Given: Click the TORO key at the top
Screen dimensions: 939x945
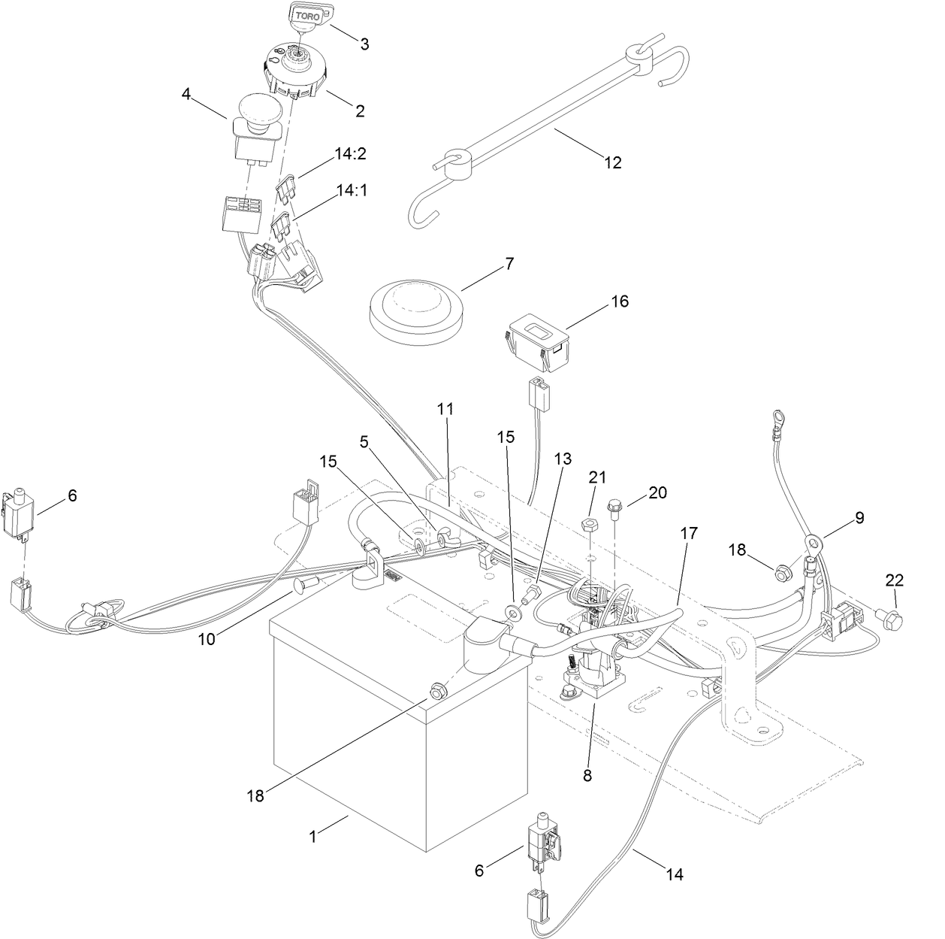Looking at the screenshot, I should coord(307,16).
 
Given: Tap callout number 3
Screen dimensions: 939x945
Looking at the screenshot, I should coord(364,44).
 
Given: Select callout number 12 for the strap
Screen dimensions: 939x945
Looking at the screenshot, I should coord(613,162).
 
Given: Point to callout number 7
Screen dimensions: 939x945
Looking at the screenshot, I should coord(509,265).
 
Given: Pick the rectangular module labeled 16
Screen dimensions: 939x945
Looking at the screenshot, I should coord(539,343).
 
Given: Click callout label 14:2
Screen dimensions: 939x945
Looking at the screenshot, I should coord(351,154).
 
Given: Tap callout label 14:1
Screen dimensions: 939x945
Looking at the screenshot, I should coord(351,190).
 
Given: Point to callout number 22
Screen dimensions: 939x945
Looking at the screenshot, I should coord(894,580).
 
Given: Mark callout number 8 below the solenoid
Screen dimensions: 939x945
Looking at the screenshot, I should coord(587,776).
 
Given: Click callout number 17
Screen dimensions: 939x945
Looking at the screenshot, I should coord(688,533).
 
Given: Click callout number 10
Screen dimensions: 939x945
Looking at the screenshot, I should coord(206,638).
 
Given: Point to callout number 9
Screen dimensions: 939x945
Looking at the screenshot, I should coord(859,517).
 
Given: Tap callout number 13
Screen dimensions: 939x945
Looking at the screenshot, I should coord(563,459).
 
